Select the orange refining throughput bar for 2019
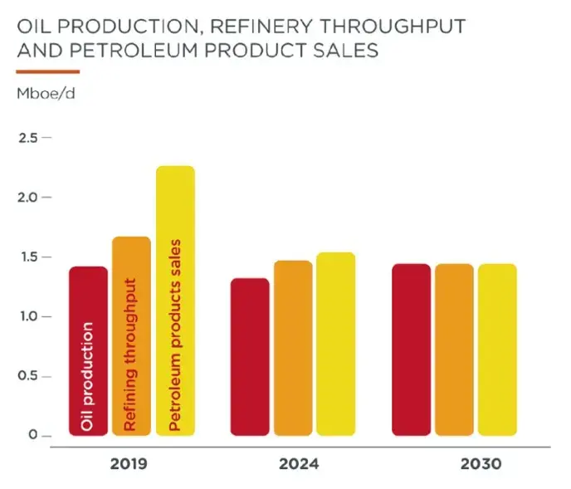click(131, 335)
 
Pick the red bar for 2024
click(249, 357)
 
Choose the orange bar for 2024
click(293, 348)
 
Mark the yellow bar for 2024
click(335, 344)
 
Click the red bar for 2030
click(412, 350)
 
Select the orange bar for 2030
click(454, 350)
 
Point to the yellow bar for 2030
click(496, 350)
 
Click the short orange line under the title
click(47, 71)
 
